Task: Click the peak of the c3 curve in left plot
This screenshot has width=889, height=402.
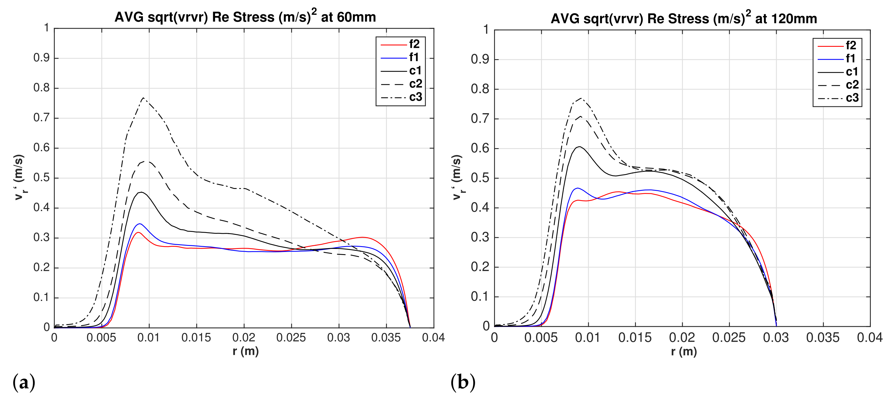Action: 143,98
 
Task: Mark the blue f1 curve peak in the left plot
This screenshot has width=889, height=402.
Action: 139,224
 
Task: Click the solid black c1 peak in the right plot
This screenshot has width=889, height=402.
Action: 580,147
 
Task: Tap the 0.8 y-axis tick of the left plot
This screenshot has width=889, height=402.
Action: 41,88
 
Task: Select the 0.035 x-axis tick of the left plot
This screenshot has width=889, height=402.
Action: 386,338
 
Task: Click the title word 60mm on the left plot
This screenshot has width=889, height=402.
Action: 356,17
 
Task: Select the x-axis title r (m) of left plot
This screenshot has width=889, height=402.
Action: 245,351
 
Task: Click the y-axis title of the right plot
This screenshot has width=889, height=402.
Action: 457,177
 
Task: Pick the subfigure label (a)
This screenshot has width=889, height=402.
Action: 24,382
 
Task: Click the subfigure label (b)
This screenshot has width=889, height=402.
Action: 463,382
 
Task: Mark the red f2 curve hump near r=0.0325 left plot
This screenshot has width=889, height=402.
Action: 362,237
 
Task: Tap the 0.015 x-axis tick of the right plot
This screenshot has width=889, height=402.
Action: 635,338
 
